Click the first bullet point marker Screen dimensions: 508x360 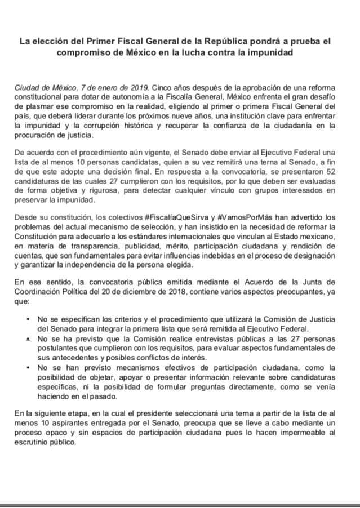[28, 318]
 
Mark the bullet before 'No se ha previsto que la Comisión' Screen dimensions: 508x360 [28, 340]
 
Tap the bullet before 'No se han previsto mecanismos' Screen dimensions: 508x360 [28, 367]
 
